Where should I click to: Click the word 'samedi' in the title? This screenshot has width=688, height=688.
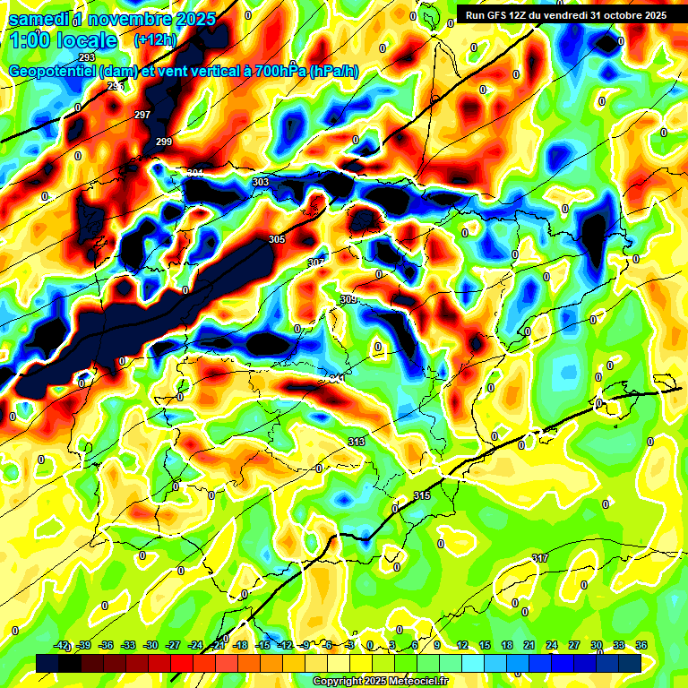38,18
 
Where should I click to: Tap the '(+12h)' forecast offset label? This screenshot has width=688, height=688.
155,40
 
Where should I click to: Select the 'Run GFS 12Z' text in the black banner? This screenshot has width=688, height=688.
498,14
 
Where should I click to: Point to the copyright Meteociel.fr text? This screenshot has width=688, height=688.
381,682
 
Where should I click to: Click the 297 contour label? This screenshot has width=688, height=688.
142,115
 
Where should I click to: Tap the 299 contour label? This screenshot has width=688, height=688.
164,142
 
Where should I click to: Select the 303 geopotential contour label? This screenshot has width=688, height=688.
261,182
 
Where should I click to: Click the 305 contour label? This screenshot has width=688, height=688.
277,239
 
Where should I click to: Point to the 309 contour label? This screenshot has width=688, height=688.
348,299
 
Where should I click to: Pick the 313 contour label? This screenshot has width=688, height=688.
357,442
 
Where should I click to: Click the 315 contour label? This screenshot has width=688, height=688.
422,495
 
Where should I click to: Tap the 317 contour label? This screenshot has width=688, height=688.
540,558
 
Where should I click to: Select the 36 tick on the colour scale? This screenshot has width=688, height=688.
641,645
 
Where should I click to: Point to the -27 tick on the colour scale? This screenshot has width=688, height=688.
174,645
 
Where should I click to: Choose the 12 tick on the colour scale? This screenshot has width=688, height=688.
462,645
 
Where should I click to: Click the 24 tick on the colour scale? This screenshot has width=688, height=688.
552,645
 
